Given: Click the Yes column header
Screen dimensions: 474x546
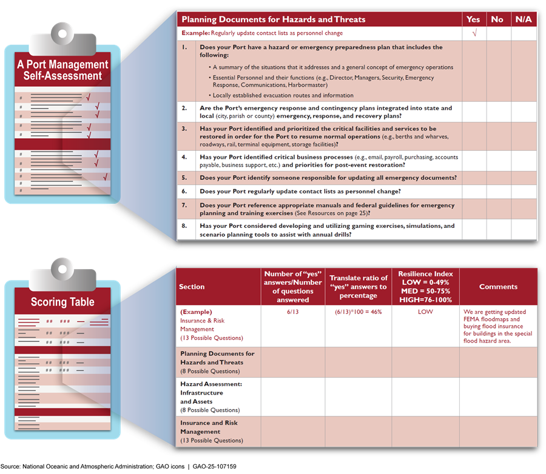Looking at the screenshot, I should coord(473,19).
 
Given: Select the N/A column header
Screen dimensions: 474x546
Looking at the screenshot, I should coord(524,19).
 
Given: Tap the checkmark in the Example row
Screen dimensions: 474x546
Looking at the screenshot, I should coord(474,33).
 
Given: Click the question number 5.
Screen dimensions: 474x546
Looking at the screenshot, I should coord(184,178).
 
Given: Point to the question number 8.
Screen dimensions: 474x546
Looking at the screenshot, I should coord(184,226).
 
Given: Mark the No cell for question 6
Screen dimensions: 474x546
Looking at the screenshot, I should coord(497,191).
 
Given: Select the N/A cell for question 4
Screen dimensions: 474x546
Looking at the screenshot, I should coord(524,161).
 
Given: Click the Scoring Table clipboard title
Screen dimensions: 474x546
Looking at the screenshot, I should coord(62,302).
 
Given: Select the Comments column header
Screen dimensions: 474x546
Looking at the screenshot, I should coord(498,287).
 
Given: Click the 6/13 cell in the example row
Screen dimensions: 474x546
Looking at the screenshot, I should coord(293,312).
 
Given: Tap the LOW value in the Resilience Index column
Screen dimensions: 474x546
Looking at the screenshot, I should coord(425,312).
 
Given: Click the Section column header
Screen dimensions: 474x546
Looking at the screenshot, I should coord(192,287).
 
